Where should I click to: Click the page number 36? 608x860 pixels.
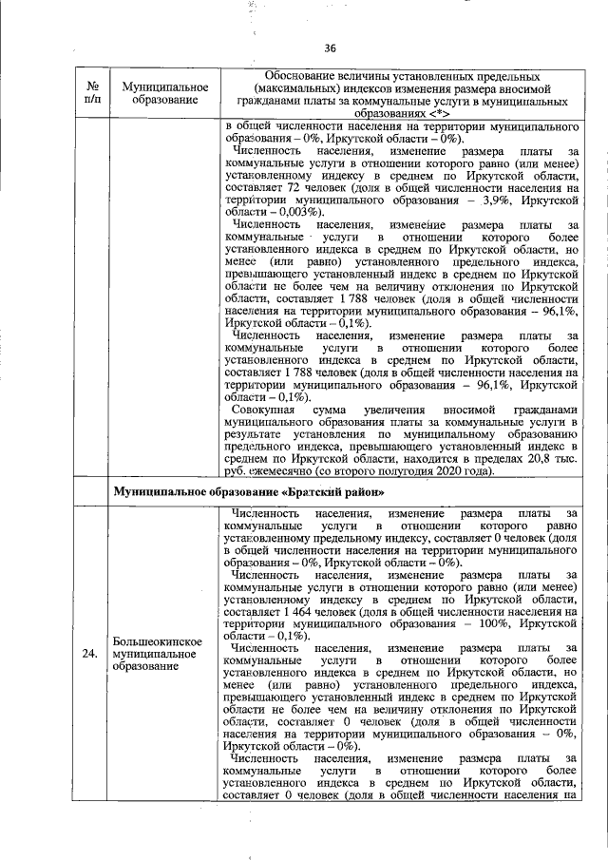pyautogui.click(x=331, y=48)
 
